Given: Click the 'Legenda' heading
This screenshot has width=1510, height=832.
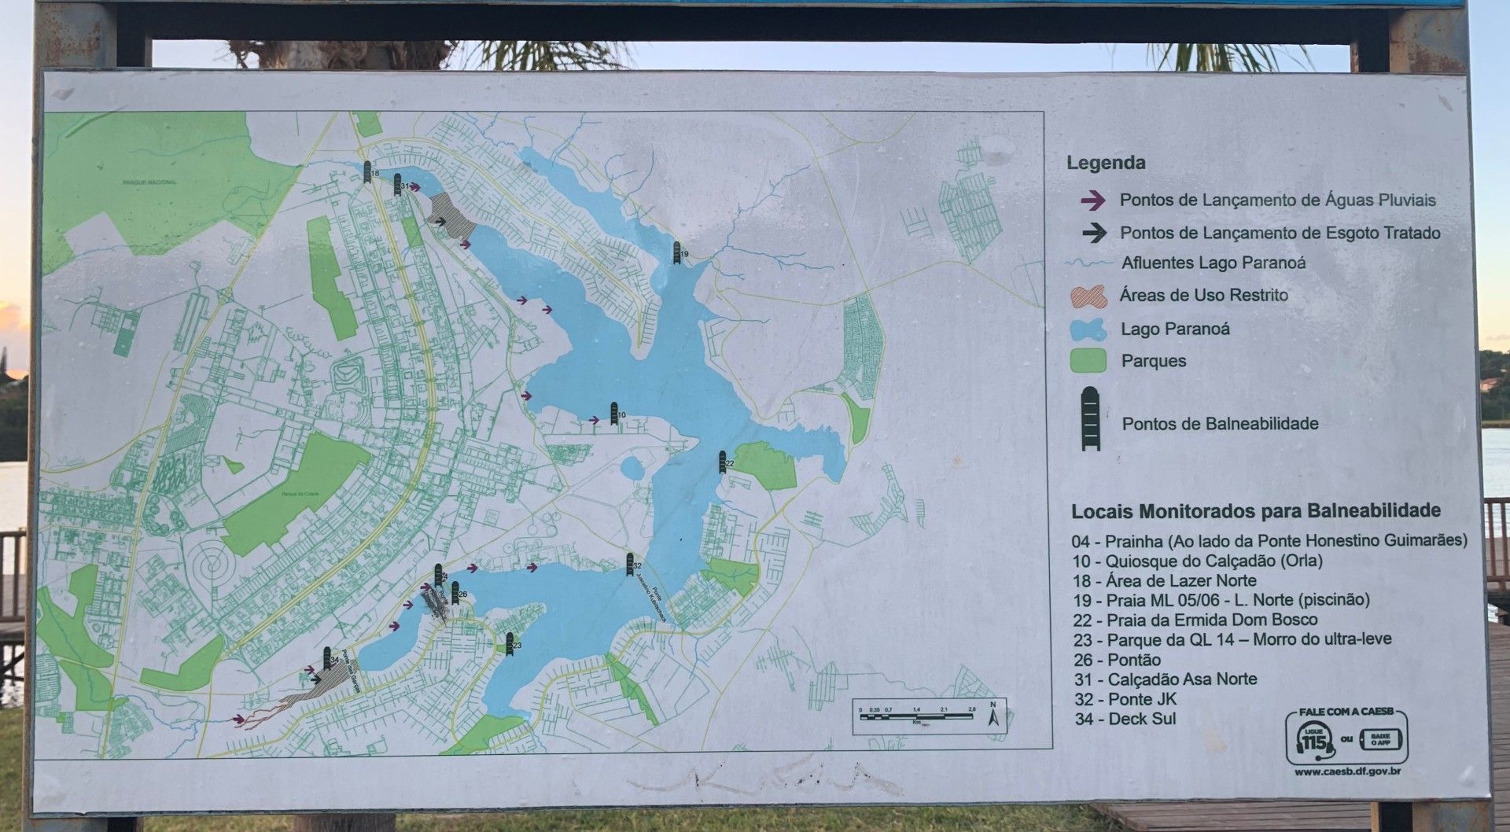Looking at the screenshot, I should pyautogui.click(x=1105, y=164).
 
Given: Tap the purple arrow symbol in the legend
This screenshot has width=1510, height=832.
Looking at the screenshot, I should pyautogui.click(x=1092, y=201).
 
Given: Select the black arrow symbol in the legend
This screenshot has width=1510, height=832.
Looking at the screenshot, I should pyautogui.click(x=1092, y=234).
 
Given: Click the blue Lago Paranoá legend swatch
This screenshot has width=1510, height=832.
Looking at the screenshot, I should pyautogui.click(x=1089, y=329).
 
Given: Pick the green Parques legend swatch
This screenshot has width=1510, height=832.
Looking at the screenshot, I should pyautogui.click(x=1088, y=361).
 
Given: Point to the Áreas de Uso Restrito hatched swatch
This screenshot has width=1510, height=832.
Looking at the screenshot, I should pyautogui.click(x=1089, y=296).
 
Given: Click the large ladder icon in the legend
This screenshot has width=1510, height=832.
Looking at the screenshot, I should pyautogui.click(x=1090, y=419).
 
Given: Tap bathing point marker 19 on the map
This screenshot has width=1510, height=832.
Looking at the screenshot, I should pyautogui.click(x=676, y=252).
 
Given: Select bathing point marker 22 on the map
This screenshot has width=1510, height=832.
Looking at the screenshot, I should pyautogui.click(x=722, y=462).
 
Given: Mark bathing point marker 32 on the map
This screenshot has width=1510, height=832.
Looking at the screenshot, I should pyautogui.click(x=630, y=563).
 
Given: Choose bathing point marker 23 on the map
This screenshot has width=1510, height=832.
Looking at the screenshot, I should pyautogui.click(x=510, y=642).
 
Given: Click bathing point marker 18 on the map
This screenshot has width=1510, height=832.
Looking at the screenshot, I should pyautogui.click(x=367, y=170).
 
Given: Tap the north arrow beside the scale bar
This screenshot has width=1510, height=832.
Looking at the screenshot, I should pyautogui.click(x=993, y=715).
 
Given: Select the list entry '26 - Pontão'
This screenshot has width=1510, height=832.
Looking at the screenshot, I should pyautogui.click(x=1117, y=660).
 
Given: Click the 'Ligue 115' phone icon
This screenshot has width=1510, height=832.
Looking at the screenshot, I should pyautogui.click(x=1313, y=740).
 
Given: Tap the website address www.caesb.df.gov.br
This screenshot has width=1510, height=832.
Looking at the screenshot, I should pyautogui.click(x=1347, y=771).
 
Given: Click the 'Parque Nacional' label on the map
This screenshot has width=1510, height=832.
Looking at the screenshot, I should pyautogui.click(x=150, y=182).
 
